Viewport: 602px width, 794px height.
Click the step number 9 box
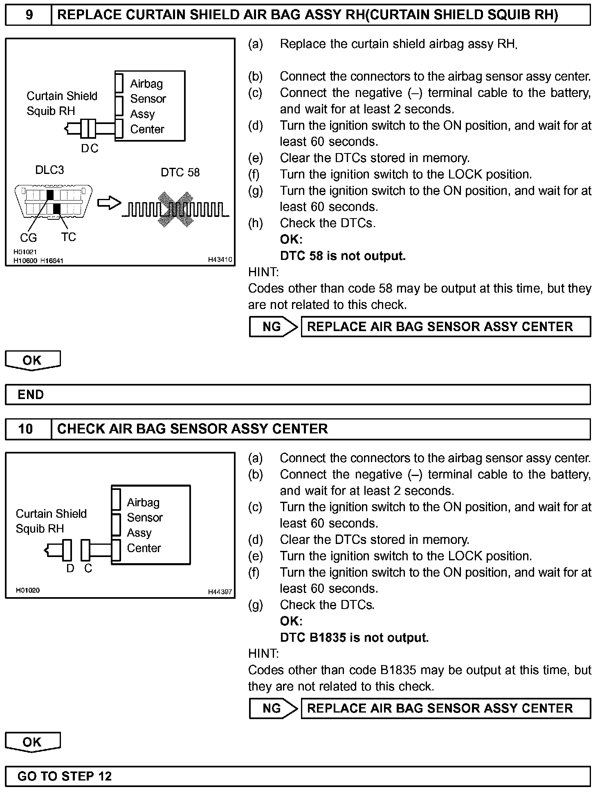[x=28, y=15]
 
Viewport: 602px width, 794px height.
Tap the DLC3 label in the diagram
[x=49, y=170]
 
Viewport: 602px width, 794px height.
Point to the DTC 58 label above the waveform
[x=180, y=172]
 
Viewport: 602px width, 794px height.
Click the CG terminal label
[x=28, y=237]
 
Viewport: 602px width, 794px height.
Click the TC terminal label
[x=69, y=237]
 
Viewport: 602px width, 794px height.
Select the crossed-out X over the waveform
[x=176, y=209]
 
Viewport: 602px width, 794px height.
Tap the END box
[x=297, y=395]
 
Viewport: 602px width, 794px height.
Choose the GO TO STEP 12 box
[x=297, y=776]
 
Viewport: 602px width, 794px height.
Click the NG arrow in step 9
[x=273, y=327]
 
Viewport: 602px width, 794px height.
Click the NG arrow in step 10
[x=273, y=708]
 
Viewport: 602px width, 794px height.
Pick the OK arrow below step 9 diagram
[x=33, y=361]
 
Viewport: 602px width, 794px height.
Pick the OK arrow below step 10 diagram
[x=33, y=742]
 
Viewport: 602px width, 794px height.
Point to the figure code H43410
[x=220, y=259]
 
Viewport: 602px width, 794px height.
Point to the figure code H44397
[x=220, y=592]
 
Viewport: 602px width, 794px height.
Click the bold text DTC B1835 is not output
[x=354, y=638]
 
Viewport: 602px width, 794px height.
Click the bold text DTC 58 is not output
[x=343, y=256]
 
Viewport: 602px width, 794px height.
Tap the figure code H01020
[x=28, y=590]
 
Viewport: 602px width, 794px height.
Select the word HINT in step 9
[x=263, y=272]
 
